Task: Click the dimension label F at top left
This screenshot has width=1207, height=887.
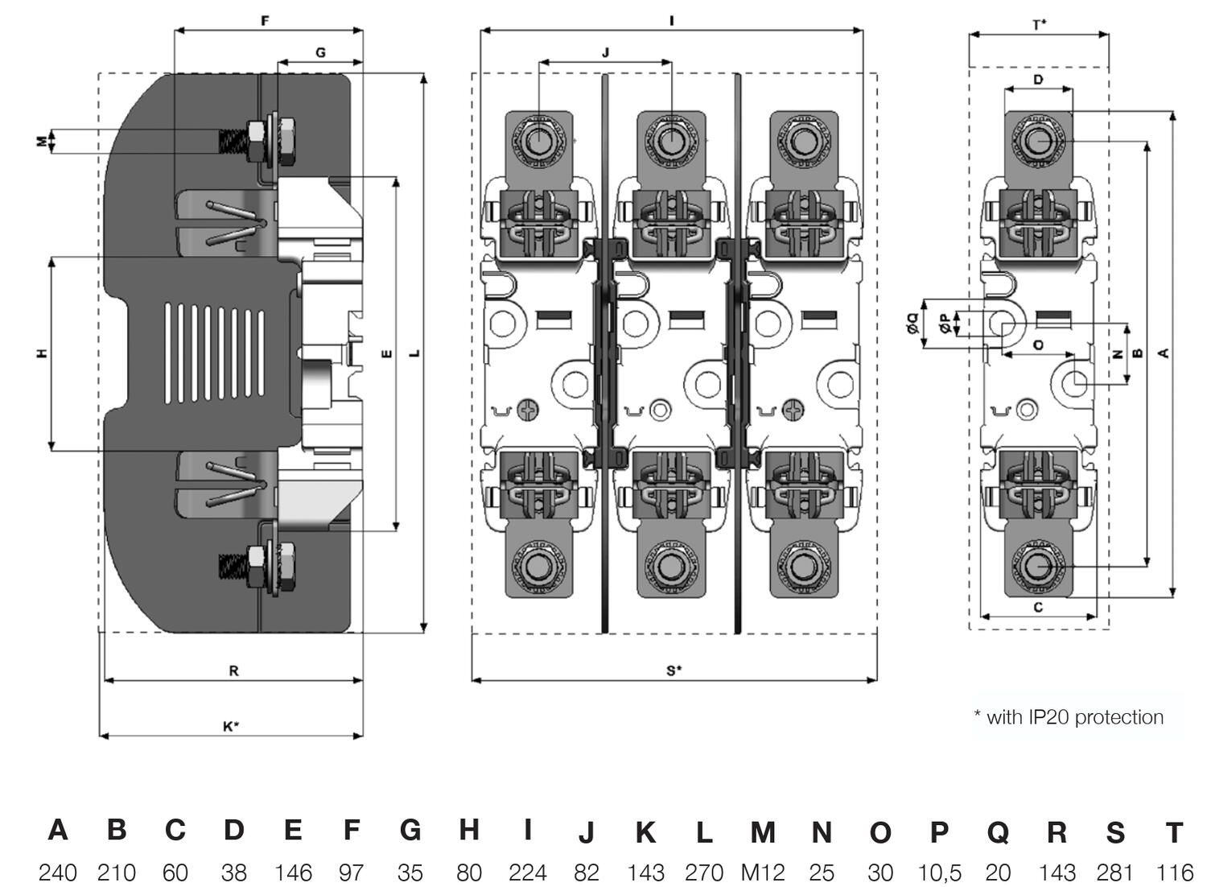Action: [266, 21]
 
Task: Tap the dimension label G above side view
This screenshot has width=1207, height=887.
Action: [320, 53]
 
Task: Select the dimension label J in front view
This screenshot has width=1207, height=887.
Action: [605, 52]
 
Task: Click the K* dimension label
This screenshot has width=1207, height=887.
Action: [231, 726]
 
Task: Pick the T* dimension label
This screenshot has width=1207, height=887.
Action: [1039, 24]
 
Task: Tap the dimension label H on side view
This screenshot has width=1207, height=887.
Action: [42, 353]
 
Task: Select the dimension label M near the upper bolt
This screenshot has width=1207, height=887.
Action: [42, 142]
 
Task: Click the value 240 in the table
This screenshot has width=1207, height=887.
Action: [58, 872]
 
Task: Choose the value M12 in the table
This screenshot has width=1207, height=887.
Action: [762, 872]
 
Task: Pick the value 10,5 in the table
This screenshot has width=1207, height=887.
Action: [939, 872]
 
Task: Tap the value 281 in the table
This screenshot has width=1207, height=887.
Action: [1115, 872]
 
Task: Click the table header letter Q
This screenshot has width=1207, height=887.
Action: [998, 832]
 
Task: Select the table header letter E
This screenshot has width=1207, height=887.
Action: [293, 830]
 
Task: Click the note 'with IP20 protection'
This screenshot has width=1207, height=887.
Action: [1069, 716]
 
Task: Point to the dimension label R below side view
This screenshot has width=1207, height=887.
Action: [233, 670]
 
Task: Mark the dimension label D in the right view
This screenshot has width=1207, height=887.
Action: [1038, 80]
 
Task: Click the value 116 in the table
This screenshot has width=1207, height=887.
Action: [1174, 872]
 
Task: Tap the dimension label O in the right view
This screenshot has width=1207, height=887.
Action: [1038, 344]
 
